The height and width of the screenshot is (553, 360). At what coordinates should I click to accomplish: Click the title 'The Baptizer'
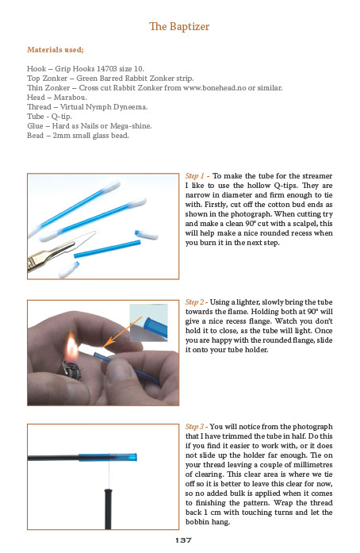(179, 27)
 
